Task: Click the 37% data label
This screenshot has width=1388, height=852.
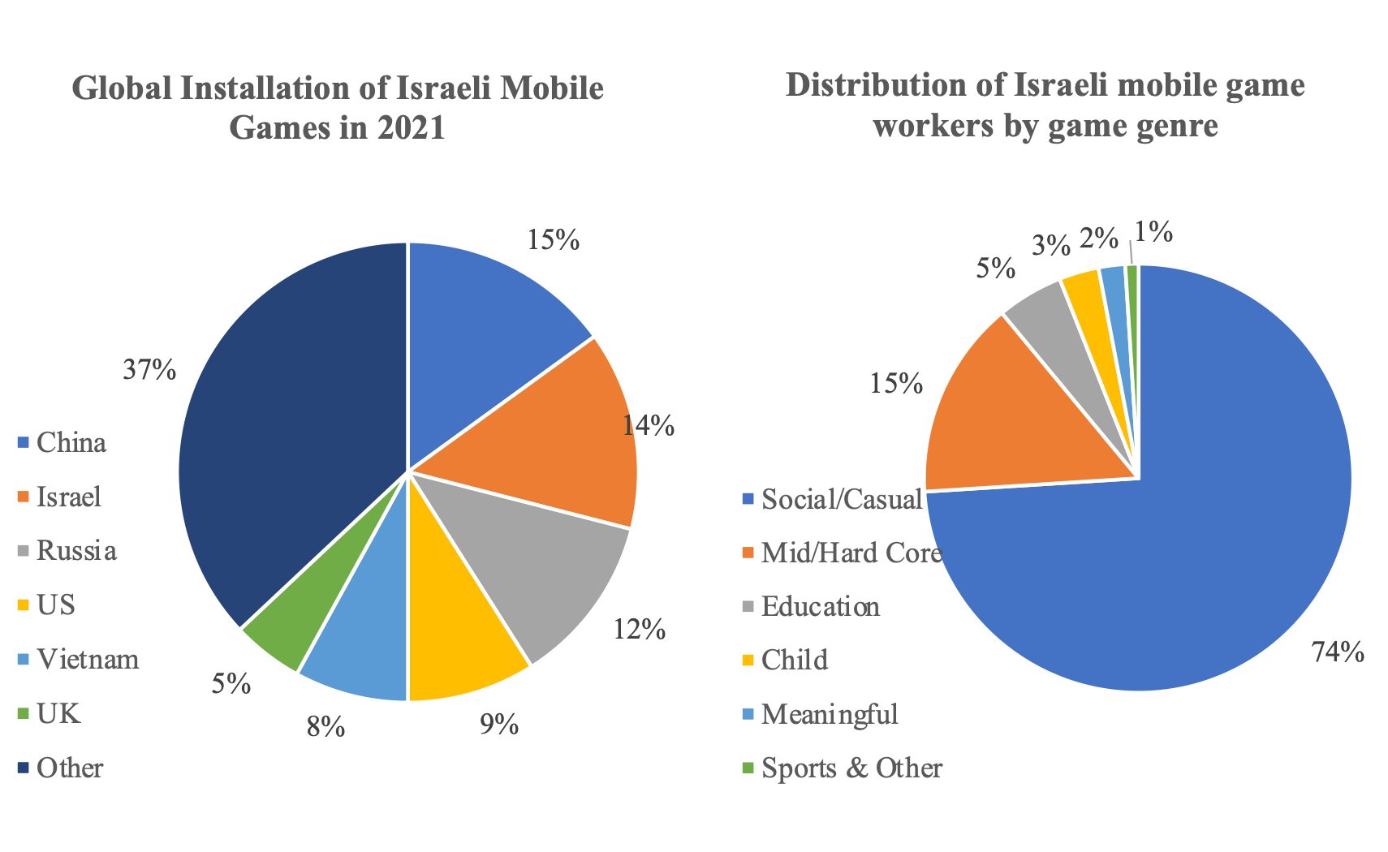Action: click(x=149, y=370)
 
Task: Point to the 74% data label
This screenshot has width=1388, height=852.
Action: click(x=1338, y=652)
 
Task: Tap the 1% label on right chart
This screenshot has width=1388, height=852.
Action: click(x=1153, y=233)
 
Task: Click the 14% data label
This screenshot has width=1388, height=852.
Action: click(x=649, y=425)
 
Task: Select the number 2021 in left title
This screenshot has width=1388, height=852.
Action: click(x=410, y=128)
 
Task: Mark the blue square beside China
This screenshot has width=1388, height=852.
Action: click(x=23, y=443)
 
